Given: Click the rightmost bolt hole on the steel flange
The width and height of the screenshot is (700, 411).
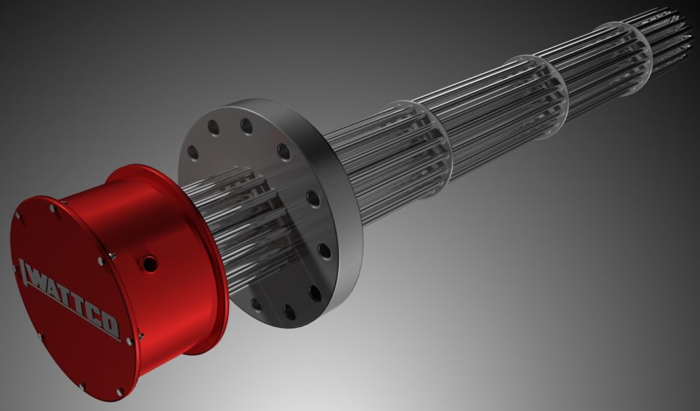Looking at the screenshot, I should click(x=325, y=250).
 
